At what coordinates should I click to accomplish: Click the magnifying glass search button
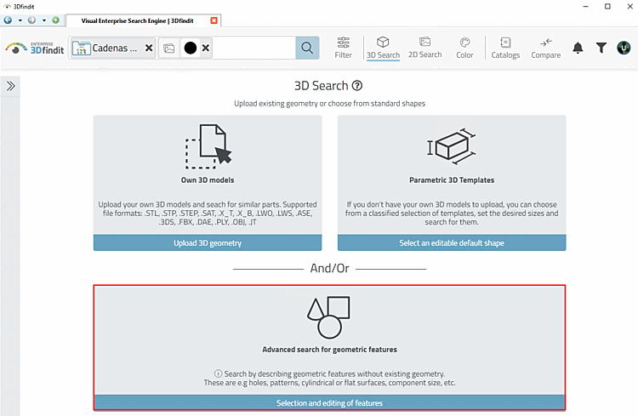point(307,48)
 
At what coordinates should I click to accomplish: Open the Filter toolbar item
point(343,48)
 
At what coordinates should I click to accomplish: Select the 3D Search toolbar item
point(383,48)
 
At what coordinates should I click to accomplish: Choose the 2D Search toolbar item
point(424,48)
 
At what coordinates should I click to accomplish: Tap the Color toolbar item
point(464,48)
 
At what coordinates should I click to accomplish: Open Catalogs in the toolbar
point(505,48)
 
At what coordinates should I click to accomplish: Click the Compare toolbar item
point(545,48)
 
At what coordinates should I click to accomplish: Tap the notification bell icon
point(578,48)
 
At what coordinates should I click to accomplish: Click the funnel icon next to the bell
point(601,48)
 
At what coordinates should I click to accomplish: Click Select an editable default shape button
point(452,243)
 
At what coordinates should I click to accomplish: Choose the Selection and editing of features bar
point(329,402)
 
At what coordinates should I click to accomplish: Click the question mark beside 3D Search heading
point(357,86)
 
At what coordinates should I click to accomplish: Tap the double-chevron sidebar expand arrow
point(11,86)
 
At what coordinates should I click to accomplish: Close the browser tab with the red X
point(214,20)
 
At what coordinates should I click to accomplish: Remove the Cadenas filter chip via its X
point(149,48)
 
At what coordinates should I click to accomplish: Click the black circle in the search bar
point(190,48)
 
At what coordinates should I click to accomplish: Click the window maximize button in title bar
point(607,6)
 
